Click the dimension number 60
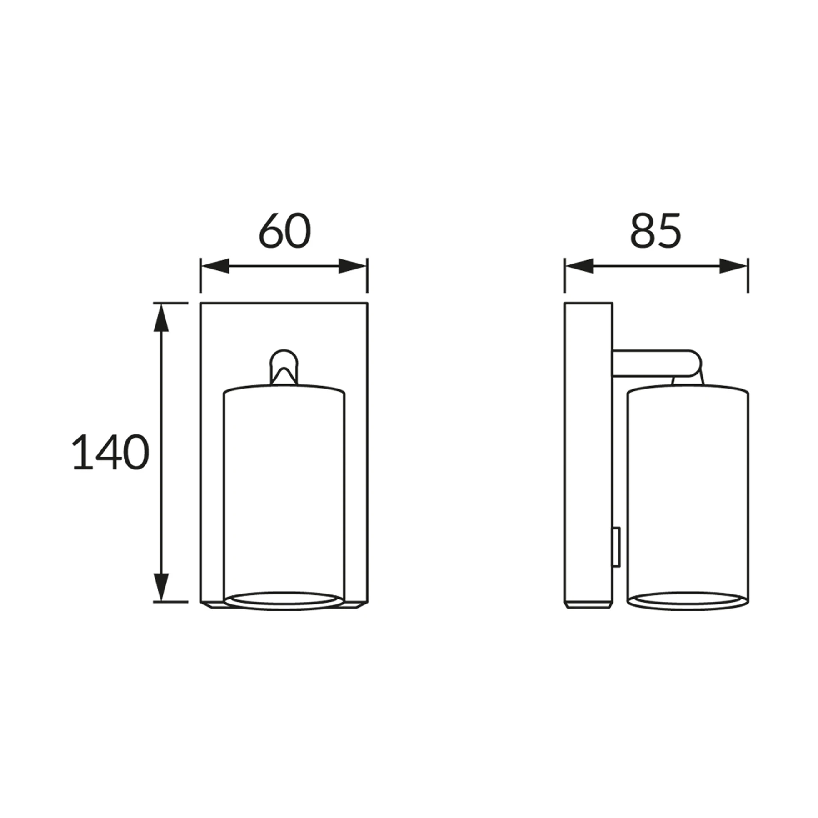tap(285, 230)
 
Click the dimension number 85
tap(655, 230)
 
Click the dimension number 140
tap(110, 452)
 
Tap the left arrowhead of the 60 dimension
tap(215, 266)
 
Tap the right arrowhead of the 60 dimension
tap(353, 266)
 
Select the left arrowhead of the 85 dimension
tap(579, 266)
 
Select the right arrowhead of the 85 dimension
tap(733, 266)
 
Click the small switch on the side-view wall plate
tap(616, 547)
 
